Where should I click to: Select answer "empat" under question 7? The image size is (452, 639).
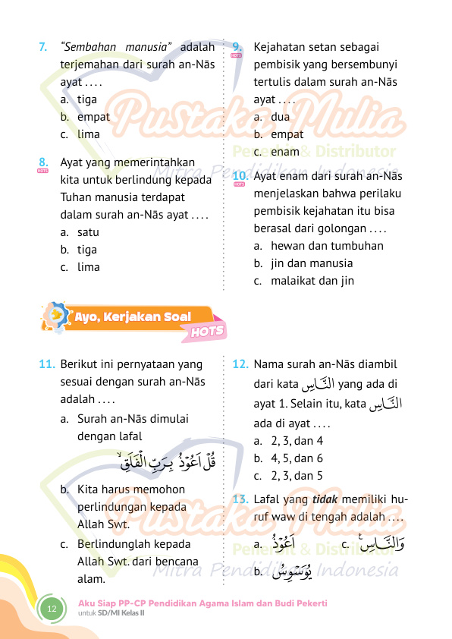coord(93,117)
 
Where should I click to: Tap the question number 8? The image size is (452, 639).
coord(44,162)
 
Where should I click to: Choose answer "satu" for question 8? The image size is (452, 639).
coord(88,232)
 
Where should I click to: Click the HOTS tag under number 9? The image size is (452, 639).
coord(237,56)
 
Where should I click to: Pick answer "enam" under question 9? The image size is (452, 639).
coord(285,152)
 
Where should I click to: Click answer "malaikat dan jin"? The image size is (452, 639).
coord(312,281)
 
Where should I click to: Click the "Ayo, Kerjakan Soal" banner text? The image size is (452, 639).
coord(132,316)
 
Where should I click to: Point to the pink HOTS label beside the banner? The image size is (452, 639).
coord(207,331)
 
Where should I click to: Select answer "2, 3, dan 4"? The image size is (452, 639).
coord(297,441)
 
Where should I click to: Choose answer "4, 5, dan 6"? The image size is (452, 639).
coord(297,458)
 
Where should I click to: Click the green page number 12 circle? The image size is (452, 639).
coord(53,609)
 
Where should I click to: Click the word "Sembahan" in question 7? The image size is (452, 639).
coord(89,49)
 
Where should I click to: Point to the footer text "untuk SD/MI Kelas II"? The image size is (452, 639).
coord(112,612)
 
